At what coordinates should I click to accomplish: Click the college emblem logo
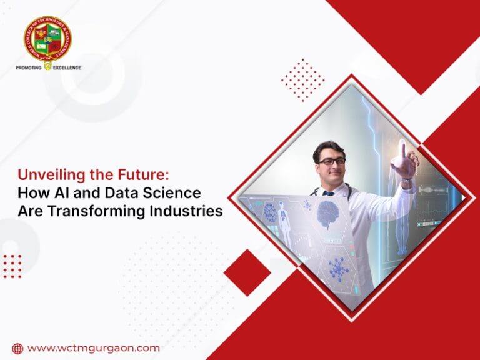47,38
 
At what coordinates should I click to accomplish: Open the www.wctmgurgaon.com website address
94,348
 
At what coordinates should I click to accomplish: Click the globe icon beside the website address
17,349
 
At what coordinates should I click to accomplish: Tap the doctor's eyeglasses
331,161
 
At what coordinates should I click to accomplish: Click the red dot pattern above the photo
302,79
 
